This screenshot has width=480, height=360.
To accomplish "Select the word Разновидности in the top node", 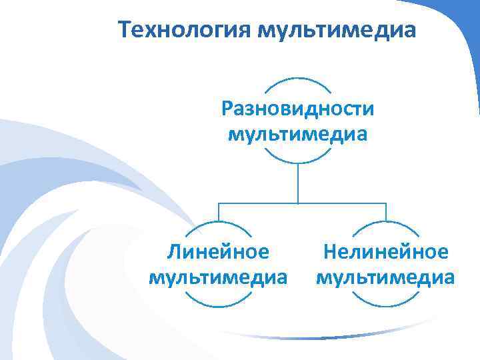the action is (298, 109).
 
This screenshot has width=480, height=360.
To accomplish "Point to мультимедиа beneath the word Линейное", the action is (219, 275).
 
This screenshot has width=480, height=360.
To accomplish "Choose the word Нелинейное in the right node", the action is (386, 251).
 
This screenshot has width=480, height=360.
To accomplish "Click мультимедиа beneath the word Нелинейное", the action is (386, 275).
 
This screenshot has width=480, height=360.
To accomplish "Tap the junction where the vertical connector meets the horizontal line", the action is (298, 202).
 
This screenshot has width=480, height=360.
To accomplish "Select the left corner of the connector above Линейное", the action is (219, 202).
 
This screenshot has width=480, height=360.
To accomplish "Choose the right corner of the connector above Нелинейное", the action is (386, 202).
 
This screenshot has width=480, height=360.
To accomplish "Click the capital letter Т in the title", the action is (125, 30).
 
